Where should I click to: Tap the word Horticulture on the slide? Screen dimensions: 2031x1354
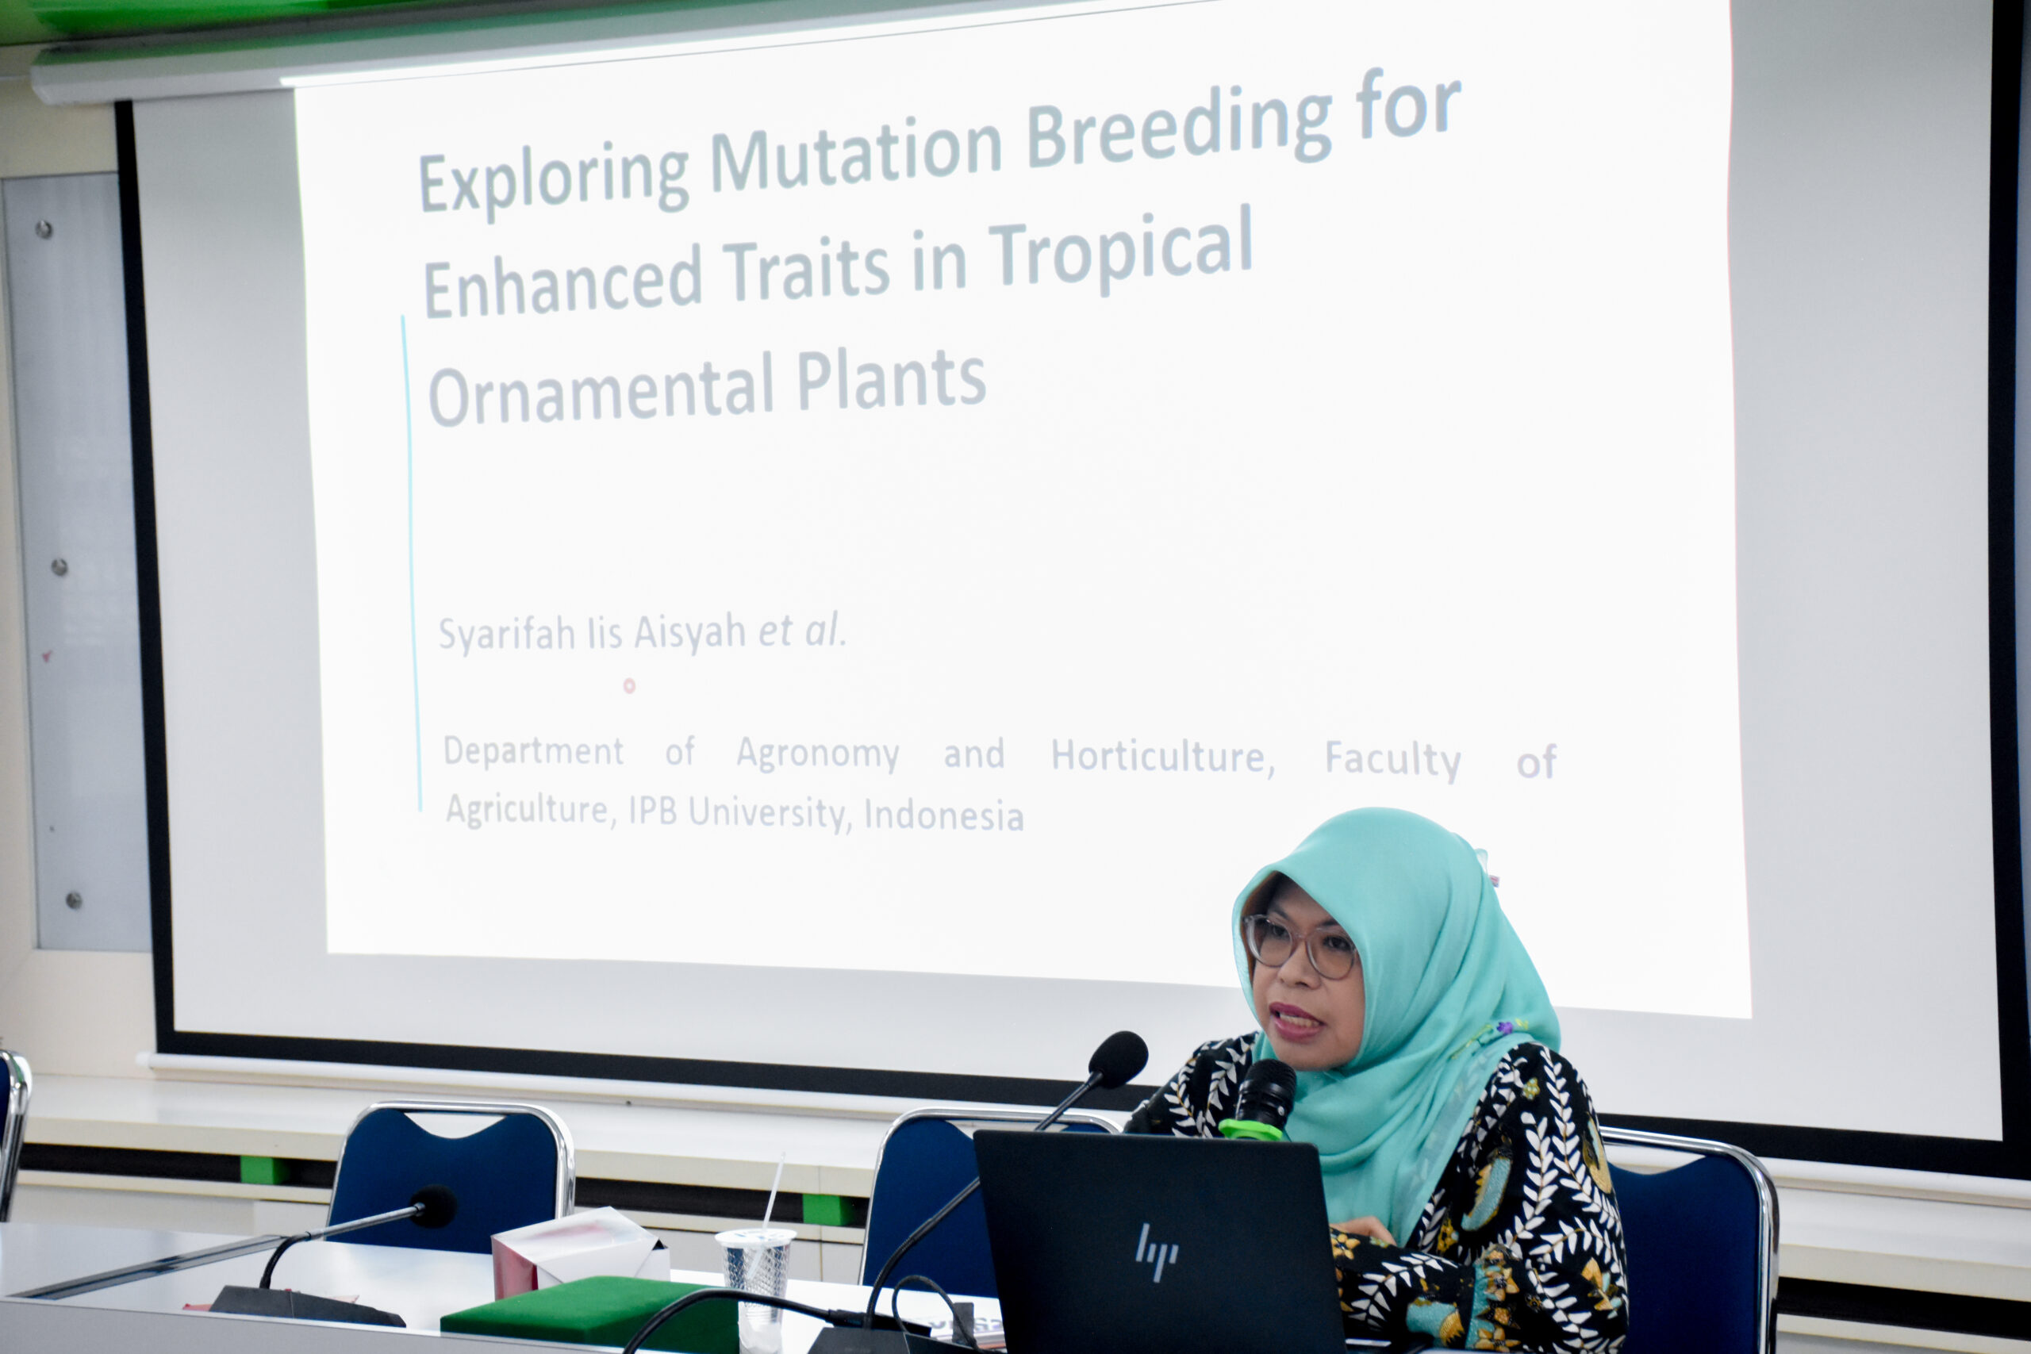1162,758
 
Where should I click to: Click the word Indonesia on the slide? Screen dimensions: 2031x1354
944,815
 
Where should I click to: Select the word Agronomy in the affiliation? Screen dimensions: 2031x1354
817,754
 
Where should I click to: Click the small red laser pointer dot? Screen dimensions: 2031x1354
629,685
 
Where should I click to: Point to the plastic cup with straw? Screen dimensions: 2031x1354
756,1278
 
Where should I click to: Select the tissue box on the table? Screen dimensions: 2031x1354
579,1253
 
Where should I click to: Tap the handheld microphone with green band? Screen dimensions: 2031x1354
1261,1099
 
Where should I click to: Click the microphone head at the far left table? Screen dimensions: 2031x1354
433,1206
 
